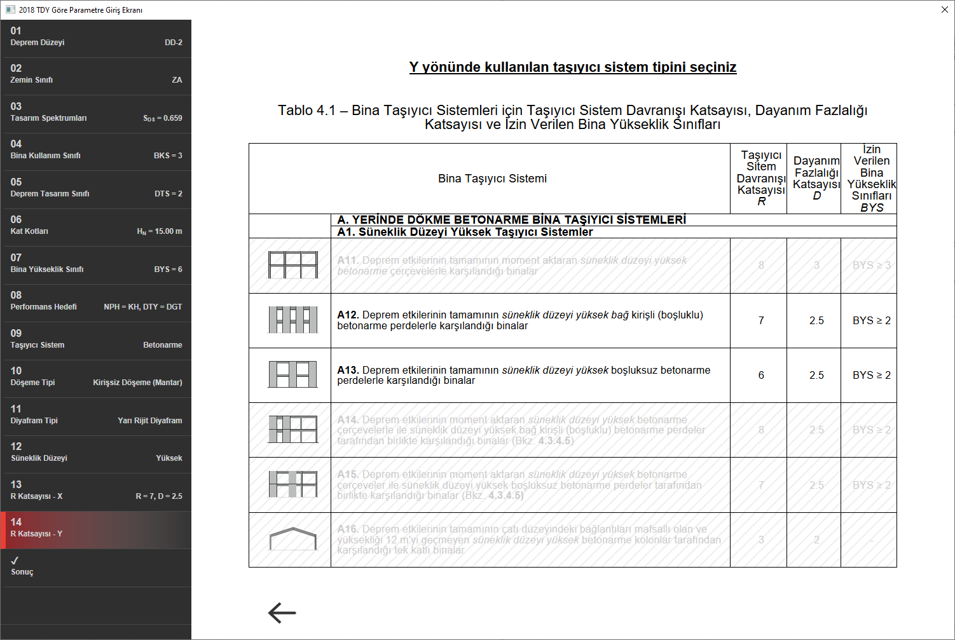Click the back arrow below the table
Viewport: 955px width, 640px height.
click(282, 613)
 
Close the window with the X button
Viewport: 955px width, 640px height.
click(944, 10)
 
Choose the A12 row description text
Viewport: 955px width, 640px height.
click(520, 320)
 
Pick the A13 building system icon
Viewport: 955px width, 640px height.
click(292, 375)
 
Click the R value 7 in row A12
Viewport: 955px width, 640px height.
click(760, 320)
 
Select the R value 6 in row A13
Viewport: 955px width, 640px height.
click(760, 375)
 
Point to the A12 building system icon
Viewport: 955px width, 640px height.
click(292, 320)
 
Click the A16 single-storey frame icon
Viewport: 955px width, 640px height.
click(292, 540)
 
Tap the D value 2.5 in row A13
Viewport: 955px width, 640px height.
click(816, 375)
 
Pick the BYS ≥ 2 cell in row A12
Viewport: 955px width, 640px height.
click(871, 320)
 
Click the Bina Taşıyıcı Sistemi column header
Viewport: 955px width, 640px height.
click(492, 179)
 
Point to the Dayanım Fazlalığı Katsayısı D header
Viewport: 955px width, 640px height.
click(816, 179)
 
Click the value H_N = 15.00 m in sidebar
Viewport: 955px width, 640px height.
click(159, 231)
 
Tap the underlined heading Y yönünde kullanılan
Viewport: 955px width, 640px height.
click(572, 67)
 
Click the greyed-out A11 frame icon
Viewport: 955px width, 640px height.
click(292, 265)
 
